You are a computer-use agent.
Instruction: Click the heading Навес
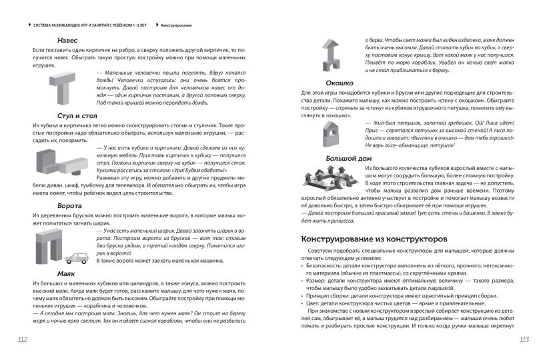point(68,40)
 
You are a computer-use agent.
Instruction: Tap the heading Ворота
point(69,207)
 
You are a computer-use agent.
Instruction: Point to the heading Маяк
point(65,273)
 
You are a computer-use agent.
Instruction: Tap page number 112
point(22,341)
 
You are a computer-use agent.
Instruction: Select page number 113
point(524,341)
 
